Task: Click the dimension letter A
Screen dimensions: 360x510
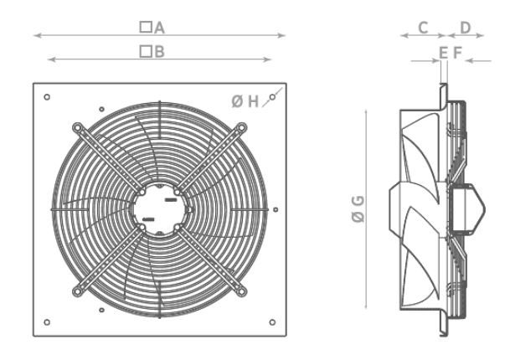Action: point(159,28)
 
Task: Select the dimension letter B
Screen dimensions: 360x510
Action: point(159,52)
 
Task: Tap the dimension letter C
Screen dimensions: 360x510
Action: point(424,28)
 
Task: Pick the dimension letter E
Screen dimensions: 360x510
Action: point(443,53)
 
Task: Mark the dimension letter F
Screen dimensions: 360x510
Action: point(456,53)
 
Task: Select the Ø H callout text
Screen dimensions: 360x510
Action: point(245,101)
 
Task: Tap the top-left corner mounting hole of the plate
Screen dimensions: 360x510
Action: point(47,97)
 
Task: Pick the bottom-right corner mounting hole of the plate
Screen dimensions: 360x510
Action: point(273,321)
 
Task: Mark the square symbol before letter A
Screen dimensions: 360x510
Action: point(145,28)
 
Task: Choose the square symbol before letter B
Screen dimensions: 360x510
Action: point(145,52)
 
